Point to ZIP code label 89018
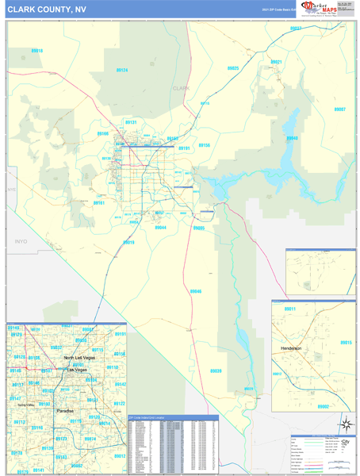[x=37, y=51]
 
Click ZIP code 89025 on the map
[x=233, y=69]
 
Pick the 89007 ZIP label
[x=339, y=109]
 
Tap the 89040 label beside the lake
[x=292, y=138]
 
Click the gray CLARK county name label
[x=182, y=88]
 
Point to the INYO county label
[x=21, y=239]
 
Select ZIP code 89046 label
[x=196, y=291]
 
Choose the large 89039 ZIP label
[x=216, y=370]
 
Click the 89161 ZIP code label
[x=99, y=203]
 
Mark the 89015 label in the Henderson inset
[x=345, y=342]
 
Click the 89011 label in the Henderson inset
[x=289, y=309]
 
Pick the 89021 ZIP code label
[x=277, y=61]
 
